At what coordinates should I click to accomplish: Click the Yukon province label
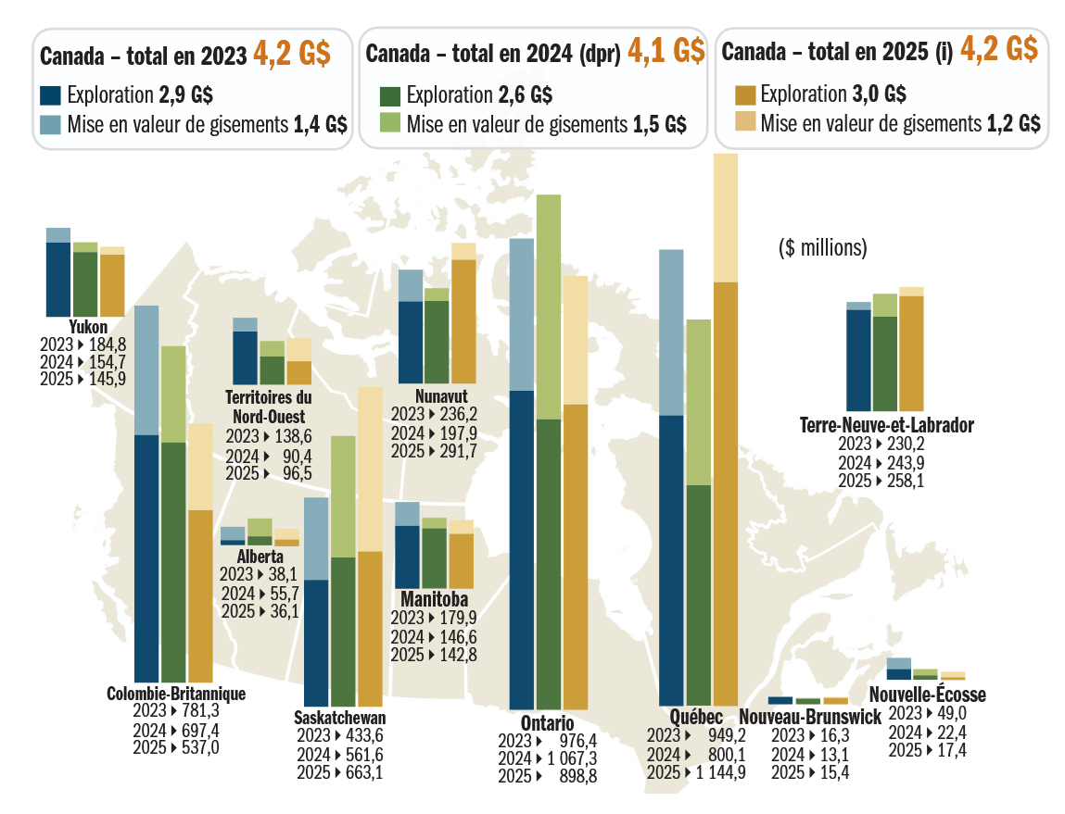tap(88, 327)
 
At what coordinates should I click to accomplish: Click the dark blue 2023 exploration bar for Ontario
tap(522, 549)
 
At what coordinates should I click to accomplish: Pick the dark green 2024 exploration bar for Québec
tap(699, 595)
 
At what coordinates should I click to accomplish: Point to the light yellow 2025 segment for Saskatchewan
tap(370, 469)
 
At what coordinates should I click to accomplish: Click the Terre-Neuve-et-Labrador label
tap(886, 426)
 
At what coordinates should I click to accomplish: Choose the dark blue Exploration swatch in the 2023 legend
tap(51, 94)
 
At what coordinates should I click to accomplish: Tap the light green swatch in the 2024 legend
tap(390, 124)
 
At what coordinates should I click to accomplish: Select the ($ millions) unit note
tap(822, 248)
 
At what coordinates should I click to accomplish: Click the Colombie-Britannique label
tap(176, 694)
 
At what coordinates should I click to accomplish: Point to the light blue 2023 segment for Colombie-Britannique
tap(146, 369)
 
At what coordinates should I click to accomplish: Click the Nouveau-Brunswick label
tap(808, 717)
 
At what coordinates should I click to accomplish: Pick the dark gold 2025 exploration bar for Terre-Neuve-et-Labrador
tap(912, 353)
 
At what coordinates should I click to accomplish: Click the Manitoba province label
tap(434, 601)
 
